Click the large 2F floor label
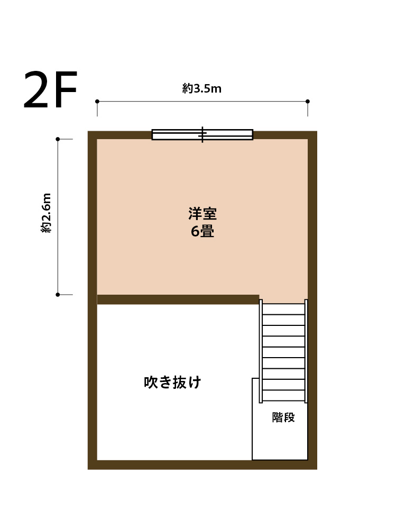pyautogui.click(x=50, y=89)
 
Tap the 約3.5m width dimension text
pyautogui.click(x=202, y=88)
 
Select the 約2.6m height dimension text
pyautogui.click(x=47, y=213)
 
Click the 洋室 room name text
pyautogui.click(x=202, y=214)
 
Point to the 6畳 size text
pyautogui.click(x=202, y=231)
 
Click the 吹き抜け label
pyautogui.click(x=172, y=382)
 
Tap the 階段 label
pyautogui.click(x=283, y=417)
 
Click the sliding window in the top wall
pyautogui.click(x=202, y=135)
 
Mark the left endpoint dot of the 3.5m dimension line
pyautogui.click(x=97, y=102)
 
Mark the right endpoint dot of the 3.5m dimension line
pyautogui.click(x=308, y=102)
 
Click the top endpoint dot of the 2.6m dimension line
pyautogui.click(x=58, y=139)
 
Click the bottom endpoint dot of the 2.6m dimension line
pyautogui.click(x=58, y=295)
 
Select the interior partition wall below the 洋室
pyautogui.click(x=178, y=299)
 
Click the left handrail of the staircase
pyautogui.click(x=261, y=351)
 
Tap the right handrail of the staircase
pyautogui.click(x=306, y=351)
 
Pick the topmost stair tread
pyautogui.click(x=283, y=309)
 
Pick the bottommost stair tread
pyautogui.click(x=283, y=396)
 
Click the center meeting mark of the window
pyautogui.click(x=202, y=135)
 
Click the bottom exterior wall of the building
pyautogui.click(x=202, y=465)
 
